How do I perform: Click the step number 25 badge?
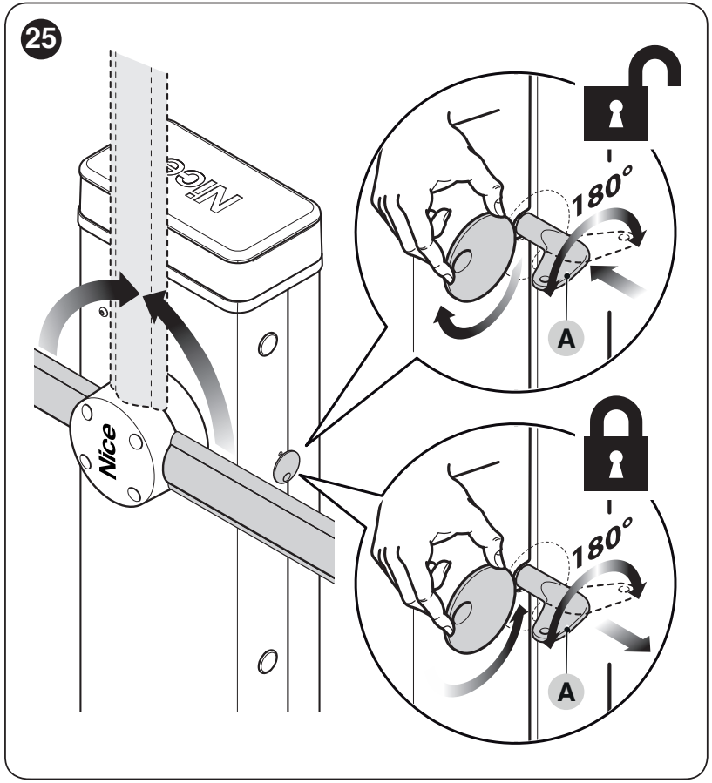tap(41, 39)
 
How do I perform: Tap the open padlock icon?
tap(632, 95)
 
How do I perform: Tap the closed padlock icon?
tap(616, 444)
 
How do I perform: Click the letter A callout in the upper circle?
tap(566, 339)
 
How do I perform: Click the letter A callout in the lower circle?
tap(566, 692)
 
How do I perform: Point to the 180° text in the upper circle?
tap(602, 191)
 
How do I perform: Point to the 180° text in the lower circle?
tap(602, 543)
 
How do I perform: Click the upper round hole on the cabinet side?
tap(268, 344)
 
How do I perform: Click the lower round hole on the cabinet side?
tap(268, 662)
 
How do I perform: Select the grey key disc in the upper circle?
tap(478, 257)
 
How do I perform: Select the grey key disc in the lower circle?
tap(478, 609)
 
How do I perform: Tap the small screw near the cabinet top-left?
tap(103, 312)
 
